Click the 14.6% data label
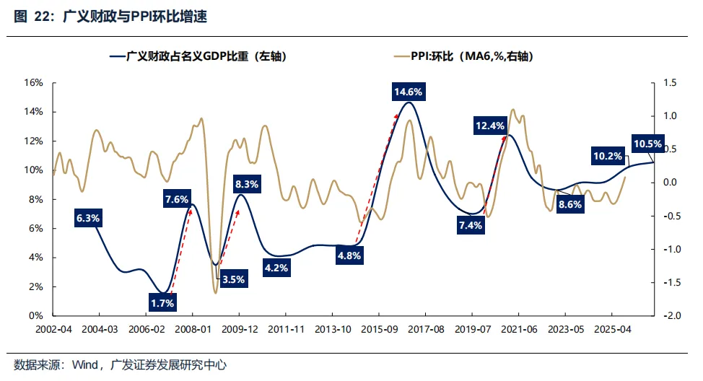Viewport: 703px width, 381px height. pyautogui.click(x=408, y=92)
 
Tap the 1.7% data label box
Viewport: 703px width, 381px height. pyautogui.click(x=162, y=303)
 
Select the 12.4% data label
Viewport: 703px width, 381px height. pyautogui.click(x=490, y=126)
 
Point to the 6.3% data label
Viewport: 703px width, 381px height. pyautogui.click(x=88, y=217)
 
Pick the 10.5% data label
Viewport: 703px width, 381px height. pyautogui.click(x=647, y=144)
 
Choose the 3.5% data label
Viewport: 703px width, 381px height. pyautogui.click(x=233, y=279)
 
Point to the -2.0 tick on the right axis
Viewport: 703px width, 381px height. pyautogui.click(x=671, y=316)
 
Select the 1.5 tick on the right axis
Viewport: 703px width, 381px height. pyautogui.click(x=669, y=83)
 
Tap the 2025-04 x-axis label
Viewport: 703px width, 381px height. pyautogui.click(x=611, y=328)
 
